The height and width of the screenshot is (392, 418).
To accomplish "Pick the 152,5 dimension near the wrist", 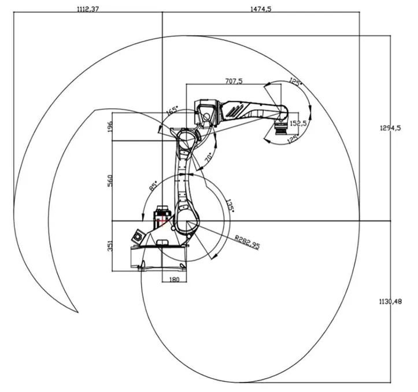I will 298,123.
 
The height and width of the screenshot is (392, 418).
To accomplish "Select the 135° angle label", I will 230,206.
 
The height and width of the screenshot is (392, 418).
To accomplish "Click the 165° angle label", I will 172,110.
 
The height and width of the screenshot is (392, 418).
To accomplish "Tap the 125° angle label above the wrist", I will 295,83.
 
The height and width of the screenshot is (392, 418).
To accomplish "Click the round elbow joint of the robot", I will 186,139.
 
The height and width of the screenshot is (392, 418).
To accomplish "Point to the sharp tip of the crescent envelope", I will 78,312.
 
